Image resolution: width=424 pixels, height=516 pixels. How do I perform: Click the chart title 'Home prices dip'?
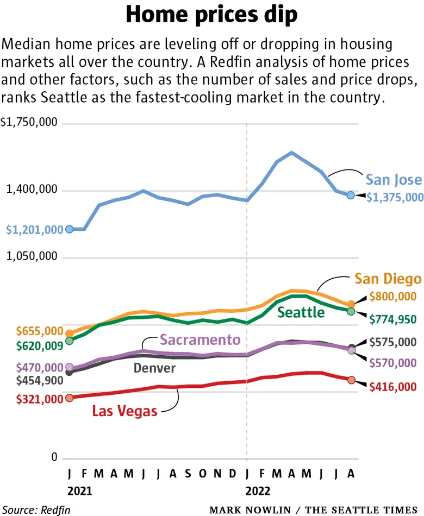(212, 15)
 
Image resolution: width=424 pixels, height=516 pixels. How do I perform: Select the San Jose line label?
(393, 180)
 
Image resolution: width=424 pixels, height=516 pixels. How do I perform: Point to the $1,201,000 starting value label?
(34, 230)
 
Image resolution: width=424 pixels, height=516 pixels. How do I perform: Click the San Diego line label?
(388, 279)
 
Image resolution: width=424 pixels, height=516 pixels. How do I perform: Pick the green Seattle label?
(301, 312)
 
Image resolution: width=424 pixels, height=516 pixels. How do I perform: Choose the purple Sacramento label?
(201, 340)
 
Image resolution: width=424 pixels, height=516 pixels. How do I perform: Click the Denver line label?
(154, 368)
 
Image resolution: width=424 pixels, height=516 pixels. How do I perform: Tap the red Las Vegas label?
(124, 411)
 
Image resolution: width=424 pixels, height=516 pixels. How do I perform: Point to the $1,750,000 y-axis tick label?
(29, 123)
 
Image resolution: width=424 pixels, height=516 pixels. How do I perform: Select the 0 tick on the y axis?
(54, 458)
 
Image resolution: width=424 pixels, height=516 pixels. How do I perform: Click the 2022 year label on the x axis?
(258, 491)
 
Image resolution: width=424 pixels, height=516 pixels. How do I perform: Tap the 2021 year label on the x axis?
(80, 491)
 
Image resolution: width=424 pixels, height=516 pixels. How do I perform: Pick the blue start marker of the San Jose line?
(69, 229)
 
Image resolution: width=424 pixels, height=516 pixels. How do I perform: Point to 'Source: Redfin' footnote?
(35, 510)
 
